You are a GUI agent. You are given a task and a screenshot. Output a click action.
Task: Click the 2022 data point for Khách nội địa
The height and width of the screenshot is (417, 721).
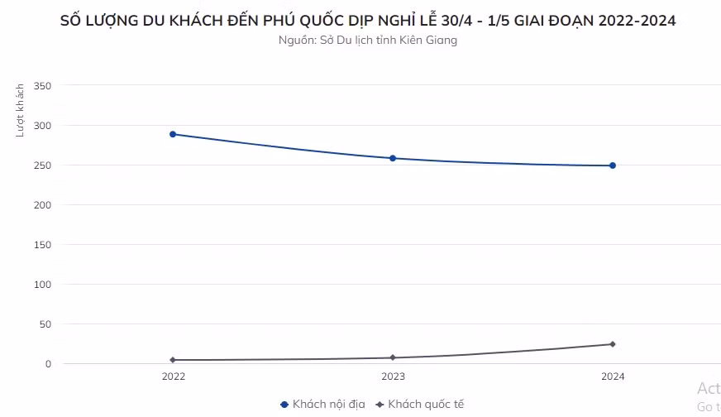point(173,134)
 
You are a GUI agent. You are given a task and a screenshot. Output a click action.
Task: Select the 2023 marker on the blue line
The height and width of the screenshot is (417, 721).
point(393,158)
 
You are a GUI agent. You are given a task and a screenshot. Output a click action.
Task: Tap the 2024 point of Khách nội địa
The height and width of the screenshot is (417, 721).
point(613,165)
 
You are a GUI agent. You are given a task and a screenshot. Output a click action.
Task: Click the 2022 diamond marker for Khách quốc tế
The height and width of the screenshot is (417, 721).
point(173,360)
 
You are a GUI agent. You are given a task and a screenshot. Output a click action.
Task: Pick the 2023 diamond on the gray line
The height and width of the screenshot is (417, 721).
point(393,357)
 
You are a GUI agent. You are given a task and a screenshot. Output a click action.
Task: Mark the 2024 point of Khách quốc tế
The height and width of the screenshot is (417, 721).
point(613,344)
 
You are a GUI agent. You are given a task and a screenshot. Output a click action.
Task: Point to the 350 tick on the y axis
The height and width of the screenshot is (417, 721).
point(43,86)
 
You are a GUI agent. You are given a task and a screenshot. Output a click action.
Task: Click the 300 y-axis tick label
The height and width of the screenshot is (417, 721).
point(43,126)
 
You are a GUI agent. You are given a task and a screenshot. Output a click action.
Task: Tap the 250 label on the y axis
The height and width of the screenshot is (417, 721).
point(43,165)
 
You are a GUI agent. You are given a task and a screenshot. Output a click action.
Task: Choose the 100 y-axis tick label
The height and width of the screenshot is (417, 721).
point(43,285)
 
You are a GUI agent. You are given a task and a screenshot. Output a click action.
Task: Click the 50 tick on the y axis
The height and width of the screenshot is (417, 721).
point(45,324)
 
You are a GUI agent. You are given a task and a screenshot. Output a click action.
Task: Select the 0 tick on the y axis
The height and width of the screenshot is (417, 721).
point(48,364)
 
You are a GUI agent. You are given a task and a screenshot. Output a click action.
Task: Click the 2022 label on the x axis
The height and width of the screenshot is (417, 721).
point(173,376)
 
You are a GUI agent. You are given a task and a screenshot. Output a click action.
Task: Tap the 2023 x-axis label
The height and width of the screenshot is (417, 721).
point(393,376)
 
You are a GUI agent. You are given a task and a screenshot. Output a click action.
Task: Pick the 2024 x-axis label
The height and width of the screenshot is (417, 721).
point(613,376)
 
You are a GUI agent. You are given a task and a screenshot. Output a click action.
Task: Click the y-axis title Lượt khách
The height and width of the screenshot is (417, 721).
point(20,110)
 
